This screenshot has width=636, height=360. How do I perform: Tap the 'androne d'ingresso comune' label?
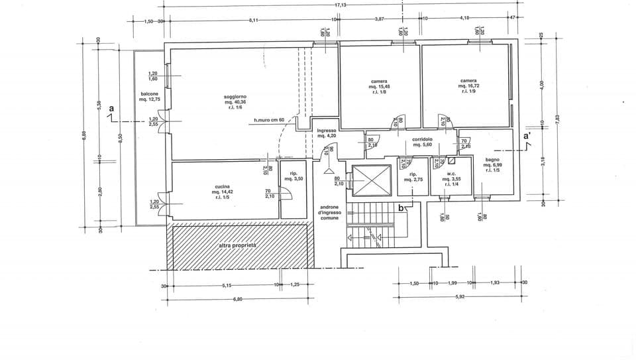pyautogui.click(x=329, y=212)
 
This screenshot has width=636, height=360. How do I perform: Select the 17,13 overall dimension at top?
pyautogui.click(x=341, y=4)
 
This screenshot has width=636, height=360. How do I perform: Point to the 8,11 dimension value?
pyautogui.click(x=253, y=21)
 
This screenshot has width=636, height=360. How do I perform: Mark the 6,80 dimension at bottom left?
pyautogui.click(x=238, y=299)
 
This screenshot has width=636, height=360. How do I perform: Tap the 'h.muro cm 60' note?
pyautogui.click(x=269, y=120)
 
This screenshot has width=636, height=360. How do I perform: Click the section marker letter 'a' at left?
pyautogui.click(x=111, y=108)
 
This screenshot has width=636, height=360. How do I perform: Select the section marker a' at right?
pyautogui.click(x=527, y=136)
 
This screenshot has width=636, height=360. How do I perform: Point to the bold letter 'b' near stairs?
pyautogui.click(x=400, y=208)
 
